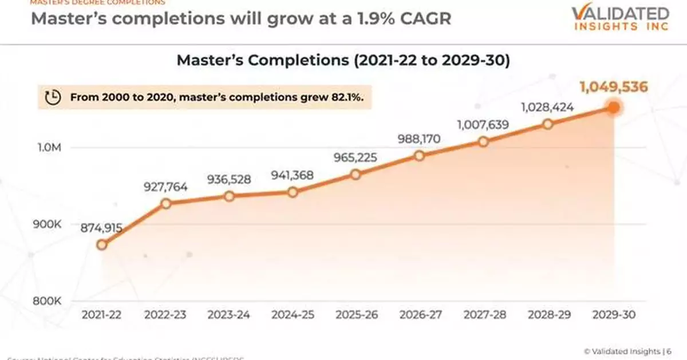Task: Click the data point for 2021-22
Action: (x=102, y=245)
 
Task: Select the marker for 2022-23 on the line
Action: (x=166, y=204)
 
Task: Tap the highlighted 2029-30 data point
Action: (x=613, y=108)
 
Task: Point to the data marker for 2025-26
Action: (x=356, y=175)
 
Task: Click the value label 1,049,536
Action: (x=613, y=87)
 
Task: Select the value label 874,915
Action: (x=102, y=228)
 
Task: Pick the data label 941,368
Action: (x=293, y=175)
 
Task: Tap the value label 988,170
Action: (x=419, y=139)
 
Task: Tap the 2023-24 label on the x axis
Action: (x=229, y=315)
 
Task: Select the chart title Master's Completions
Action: (x=343, y=61)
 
